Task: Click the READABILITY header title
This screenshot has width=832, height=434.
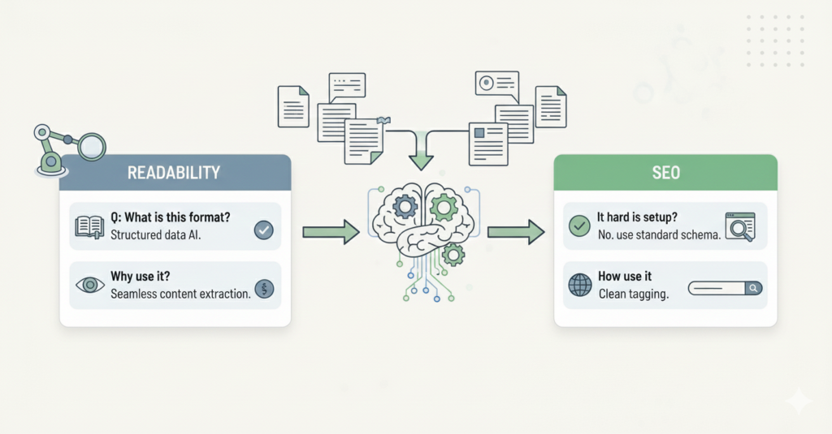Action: (x=175, y=173)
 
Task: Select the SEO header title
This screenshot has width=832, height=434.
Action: (x=665, y=173)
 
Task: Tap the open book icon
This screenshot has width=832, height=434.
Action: (x=89, y=228)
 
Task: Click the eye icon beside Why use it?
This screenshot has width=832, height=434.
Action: (x=89, y=285)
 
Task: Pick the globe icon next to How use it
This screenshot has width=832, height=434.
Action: (x=580, y=285)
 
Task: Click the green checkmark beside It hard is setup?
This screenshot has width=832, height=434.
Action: (x=580, y=226)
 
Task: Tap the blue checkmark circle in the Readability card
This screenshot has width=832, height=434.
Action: (x=263, y=230)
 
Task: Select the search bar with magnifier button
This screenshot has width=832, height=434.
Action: (x=725, y=287)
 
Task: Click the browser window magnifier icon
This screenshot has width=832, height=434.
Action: (x=739, y=227)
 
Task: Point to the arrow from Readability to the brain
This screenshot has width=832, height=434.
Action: (x=330, y=233)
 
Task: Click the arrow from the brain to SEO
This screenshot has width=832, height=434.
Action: (x=516, y=233)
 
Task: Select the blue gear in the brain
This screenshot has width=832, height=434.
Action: (x=404, y=207)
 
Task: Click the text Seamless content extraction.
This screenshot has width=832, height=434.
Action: (x=180, y=293)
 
